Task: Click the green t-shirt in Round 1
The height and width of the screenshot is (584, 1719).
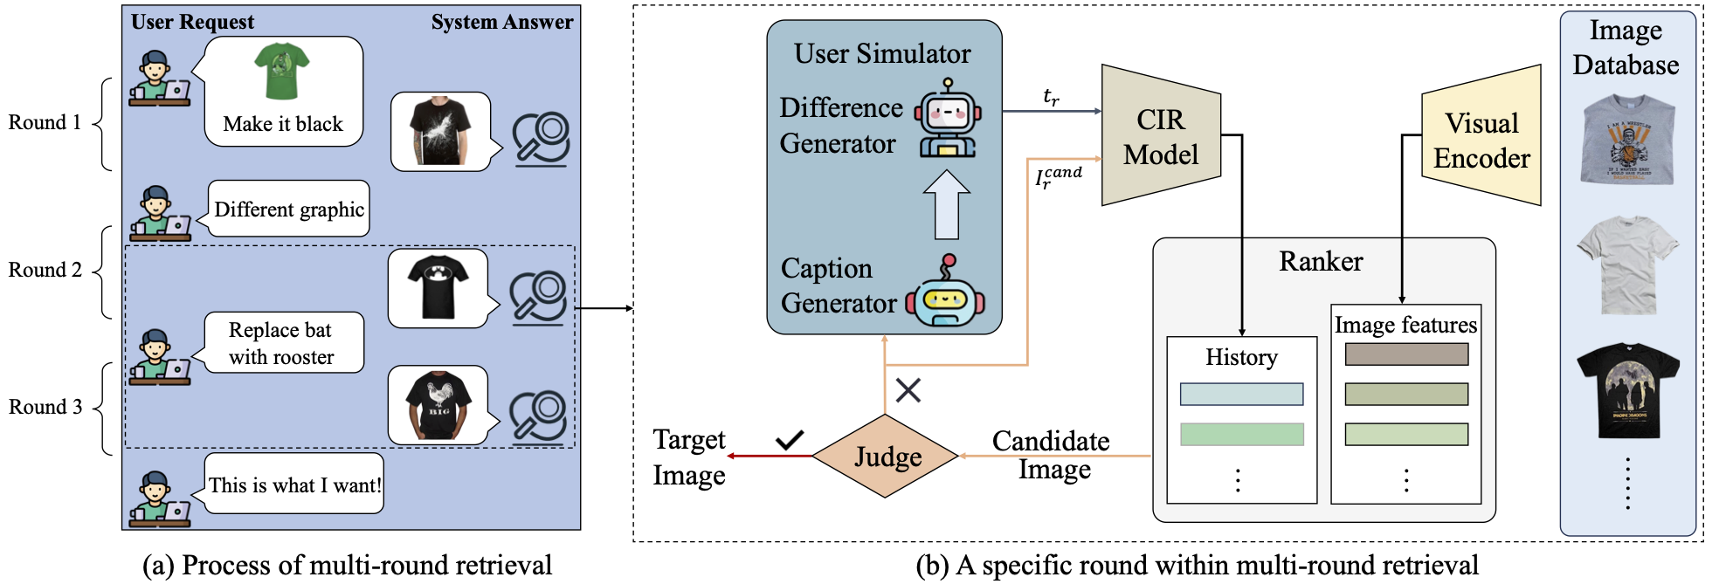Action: coord(281,72)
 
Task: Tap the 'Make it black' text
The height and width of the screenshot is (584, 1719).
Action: coord(283,124)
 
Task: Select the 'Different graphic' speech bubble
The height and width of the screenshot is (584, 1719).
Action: coord(288,210)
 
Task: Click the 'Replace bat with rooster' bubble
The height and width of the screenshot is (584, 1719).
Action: coord(282,343)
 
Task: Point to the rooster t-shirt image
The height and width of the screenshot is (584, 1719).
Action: coord(438,405)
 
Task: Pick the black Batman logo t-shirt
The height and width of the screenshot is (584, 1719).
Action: coord(438,287)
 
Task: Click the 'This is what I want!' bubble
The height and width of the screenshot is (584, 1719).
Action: coord(294,484)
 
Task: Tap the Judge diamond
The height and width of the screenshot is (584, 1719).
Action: coord(886,457)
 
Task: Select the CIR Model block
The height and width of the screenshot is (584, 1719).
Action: coord(1161,136)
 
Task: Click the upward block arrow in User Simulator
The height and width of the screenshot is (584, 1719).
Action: coord(947,204)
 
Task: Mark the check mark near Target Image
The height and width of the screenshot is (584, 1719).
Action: coord(790,439)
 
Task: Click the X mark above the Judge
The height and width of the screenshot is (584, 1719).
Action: coord(908,390)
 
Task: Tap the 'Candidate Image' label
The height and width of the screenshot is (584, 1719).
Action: coord(1052,455)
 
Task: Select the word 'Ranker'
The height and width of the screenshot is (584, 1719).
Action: coord(1321,261)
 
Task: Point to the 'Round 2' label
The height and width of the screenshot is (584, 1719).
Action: coord(45,270)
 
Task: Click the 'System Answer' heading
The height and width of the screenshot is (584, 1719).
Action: coord(502,22)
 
